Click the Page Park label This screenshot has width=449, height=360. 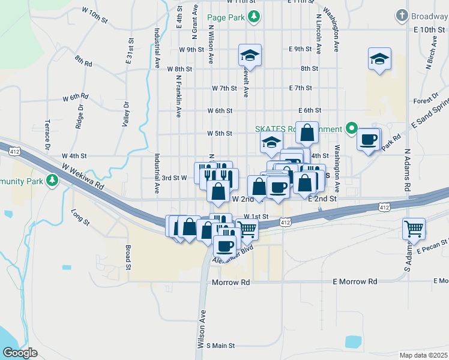(226, 17)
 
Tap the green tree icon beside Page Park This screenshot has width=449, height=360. (255, 16)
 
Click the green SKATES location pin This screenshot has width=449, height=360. (352, 128)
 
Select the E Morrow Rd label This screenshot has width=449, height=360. (355, 281)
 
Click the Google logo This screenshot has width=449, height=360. (20, 352)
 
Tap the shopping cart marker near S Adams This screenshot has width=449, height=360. (414, 229)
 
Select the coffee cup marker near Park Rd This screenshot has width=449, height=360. (368, 140)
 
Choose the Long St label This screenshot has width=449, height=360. (80, 217)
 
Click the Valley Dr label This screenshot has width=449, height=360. (126, 112)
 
